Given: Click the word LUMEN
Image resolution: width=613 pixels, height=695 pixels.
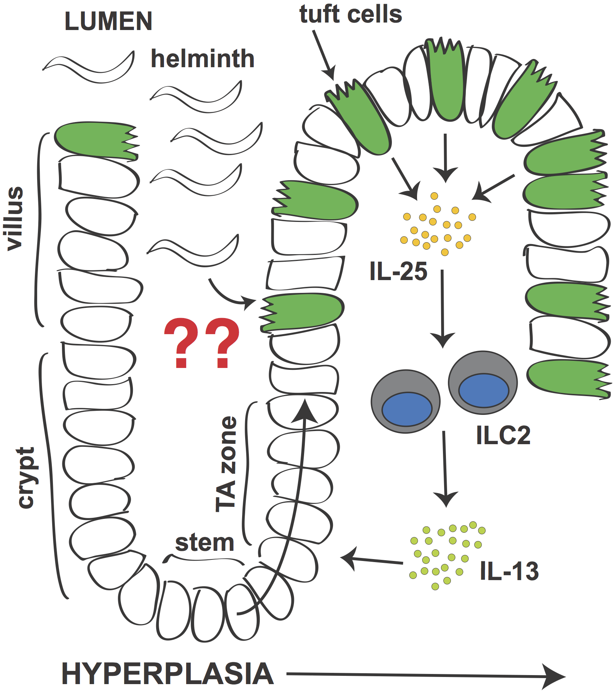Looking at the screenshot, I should tap(108, 21).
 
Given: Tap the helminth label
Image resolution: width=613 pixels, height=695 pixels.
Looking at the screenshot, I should tap(203, 59).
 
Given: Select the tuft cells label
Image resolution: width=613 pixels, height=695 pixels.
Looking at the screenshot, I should tap(351, 15).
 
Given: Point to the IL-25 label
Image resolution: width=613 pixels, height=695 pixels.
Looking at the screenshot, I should tap(398, 271).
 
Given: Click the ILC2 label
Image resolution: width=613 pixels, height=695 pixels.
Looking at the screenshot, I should tap(503, 435).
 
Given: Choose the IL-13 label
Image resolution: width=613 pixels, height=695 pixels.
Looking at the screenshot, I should tap(509, 571).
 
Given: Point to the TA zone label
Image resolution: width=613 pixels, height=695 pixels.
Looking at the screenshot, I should tap(226, 464).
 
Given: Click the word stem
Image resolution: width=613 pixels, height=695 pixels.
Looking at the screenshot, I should tap(205, 543).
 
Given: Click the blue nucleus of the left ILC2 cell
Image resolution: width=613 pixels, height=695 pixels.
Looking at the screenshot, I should tap(407, 409).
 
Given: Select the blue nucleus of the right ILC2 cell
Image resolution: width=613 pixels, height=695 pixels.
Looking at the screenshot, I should tap(483, 390).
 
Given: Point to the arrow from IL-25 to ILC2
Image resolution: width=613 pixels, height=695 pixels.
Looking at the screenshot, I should tap(443, 308).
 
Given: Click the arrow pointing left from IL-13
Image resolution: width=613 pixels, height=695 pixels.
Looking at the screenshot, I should tap(372, 560).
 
